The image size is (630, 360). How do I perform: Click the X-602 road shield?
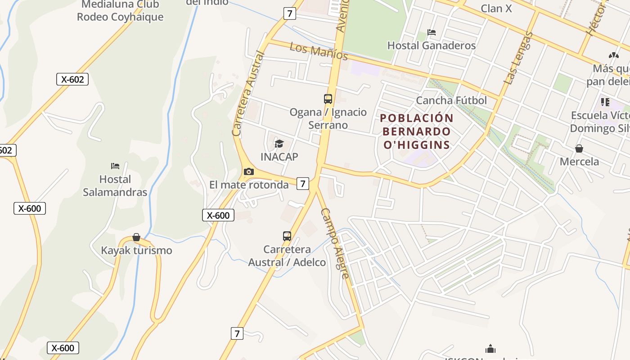(72, 79)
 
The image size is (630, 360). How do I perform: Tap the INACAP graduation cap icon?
(279, 144)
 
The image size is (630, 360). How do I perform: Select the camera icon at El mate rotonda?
(248, 171)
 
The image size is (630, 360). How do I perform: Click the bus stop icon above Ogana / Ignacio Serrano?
(328, 99)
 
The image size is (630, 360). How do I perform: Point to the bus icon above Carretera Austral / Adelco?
(287, 236)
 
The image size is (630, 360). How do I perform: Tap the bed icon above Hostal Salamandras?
(115, 166)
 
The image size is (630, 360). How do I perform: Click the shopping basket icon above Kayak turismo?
(136, 237)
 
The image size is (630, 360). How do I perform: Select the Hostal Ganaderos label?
(431, 45)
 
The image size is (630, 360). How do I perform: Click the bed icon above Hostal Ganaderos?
(432, 32)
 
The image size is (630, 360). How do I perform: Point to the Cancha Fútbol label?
(451, 100)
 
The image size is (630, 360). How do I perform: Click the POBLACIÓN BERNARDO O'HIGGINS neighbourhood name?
(416, 131)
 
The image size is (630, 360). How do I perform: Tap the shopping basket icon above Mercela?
(579, 148)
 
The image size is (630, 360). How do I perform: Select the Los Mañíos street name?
(319, 51)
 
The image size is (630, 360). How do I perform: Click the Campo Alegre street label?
(335, 243)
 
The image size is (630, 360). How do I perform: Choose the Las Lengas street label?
(518, 58)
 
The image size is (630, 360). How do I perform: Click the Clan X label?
(496, 8)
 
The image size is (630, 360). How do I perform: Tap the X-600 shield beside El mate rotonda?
(218, 215)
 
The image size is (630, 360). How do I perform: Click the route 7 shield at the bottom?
(237, 333)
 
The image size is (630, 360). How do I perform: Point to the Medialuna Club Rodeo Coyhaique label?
(120, 11)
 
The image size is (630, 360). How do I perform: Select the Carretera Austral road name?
(247, 94)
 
